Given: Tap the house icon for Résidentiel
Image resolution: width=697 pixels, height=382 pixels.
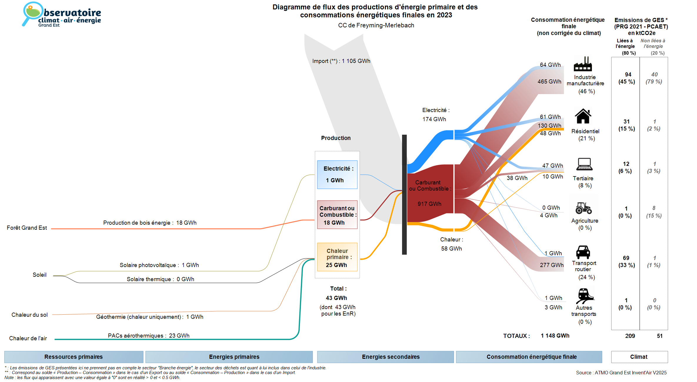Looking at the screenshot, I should (583, 116).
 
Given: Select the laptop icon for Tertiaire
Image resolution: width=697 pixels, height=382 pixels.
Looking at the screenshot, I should (584, 164).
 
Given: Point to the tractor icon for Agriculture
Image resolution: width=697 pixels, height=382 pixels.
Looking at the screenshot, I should (583, 208).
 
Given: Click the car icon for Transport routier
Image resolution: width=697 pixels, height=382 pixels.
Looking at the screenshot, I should (583, 252).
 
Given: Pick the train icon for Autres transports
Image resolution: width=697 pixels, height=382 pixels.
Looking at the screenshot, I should (584, 296).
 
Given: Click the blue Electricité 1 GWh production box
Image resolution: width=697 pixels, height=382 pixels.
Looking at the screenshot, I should (337, 175).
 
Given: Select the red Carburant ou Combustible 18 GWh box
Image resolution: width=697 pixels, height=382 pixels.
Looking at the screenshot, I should (337, 215).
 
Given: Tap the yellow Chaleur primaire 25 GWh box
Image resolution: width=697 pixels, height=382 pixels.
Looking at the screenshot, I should (337, 257).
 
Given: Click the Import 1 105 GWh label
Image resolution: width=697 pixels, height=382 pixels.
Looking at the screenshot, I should (341, 61).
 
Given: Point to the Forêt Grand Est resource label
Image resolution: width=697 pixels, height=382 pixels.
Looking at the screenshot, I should (27, 228).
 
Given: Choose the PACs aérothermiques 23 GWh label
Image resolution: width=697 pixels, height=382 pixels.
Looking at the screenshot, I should (149, 336).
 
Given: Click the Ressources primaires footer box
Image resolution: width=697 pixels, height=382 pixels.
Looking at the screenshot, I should (74, 357).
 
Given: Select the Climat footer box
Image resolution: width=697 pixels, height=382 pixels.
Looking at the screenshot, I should (639, 357).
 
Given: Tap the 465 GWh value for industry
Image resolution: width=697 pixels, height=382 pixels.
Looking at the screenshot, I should (549, 82).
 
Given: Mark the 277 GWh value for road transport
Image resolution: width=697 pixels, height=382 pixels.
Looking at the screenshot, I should (551, 265).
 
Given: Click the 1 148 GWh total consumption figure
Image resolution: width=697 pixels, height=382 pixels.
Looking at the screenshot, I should (555, 336).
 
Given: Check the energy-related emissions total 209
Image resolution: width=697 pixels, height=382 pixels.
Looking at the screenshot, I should (630, 336).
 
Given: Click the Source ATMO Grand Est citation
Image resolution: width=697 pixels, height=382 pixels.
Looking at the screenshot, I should (621, 373).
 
